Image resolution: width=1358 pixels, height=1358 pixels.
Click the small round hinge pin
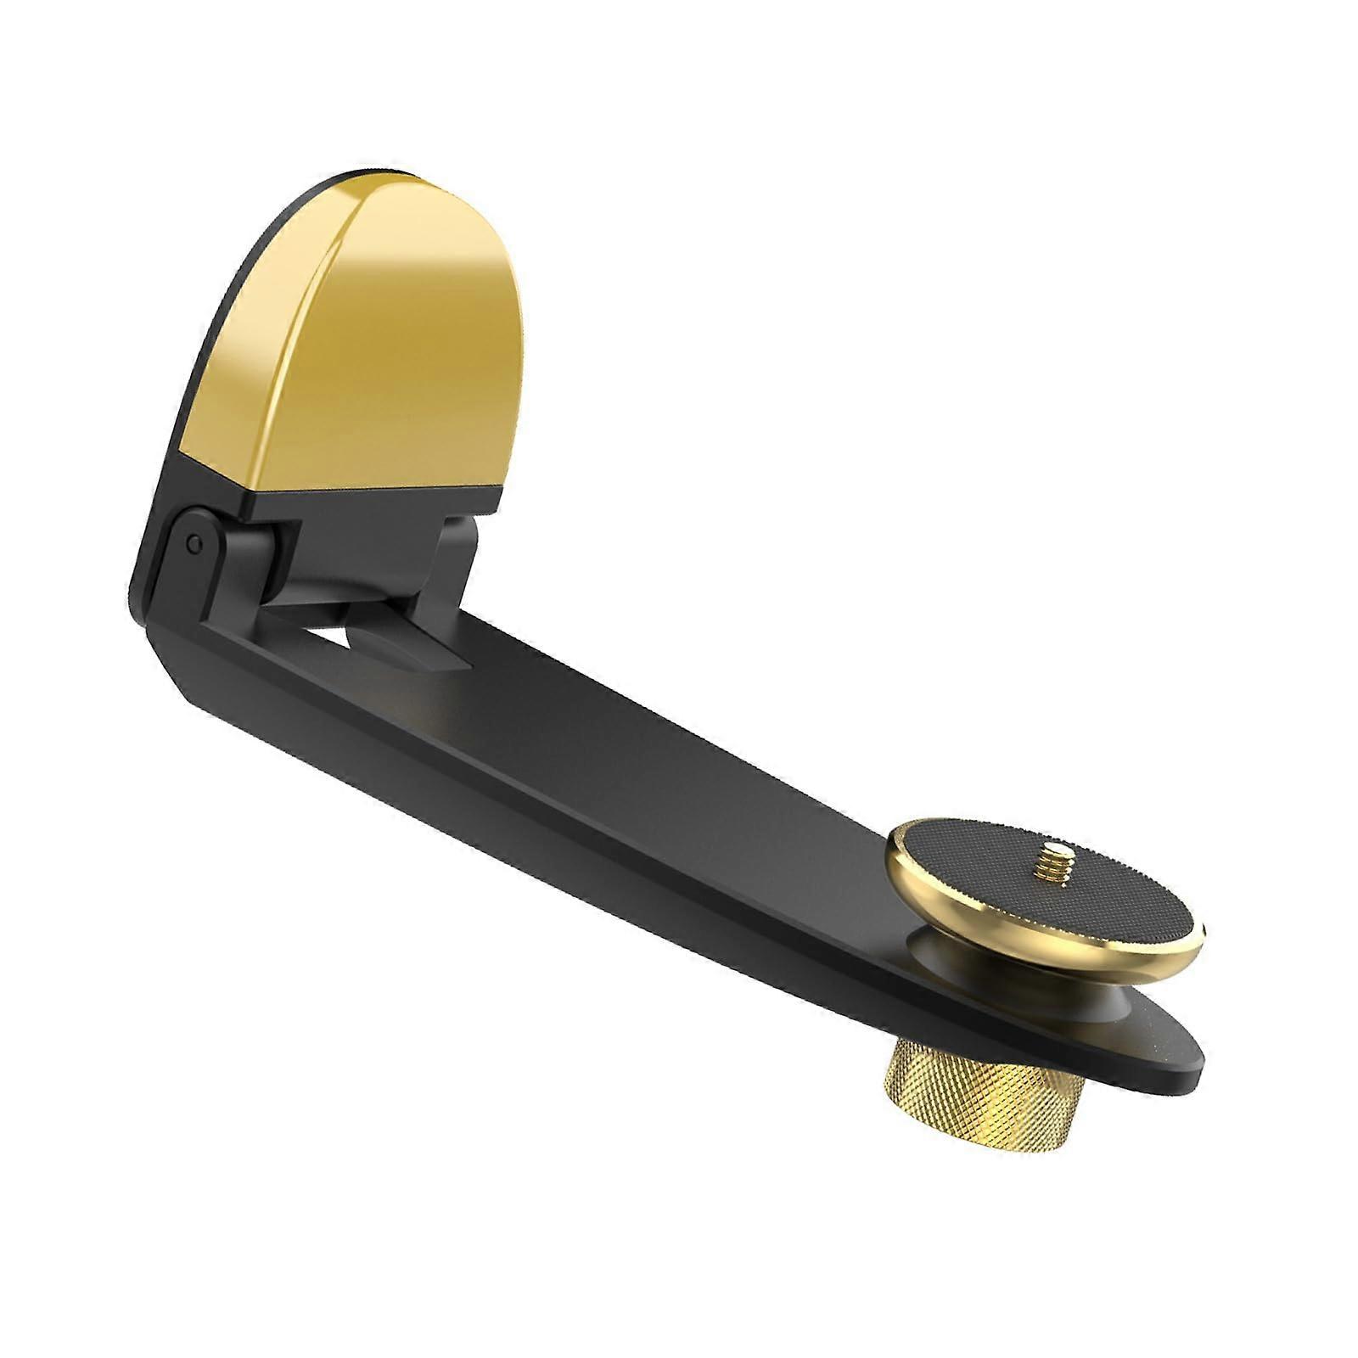[196, 541]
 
